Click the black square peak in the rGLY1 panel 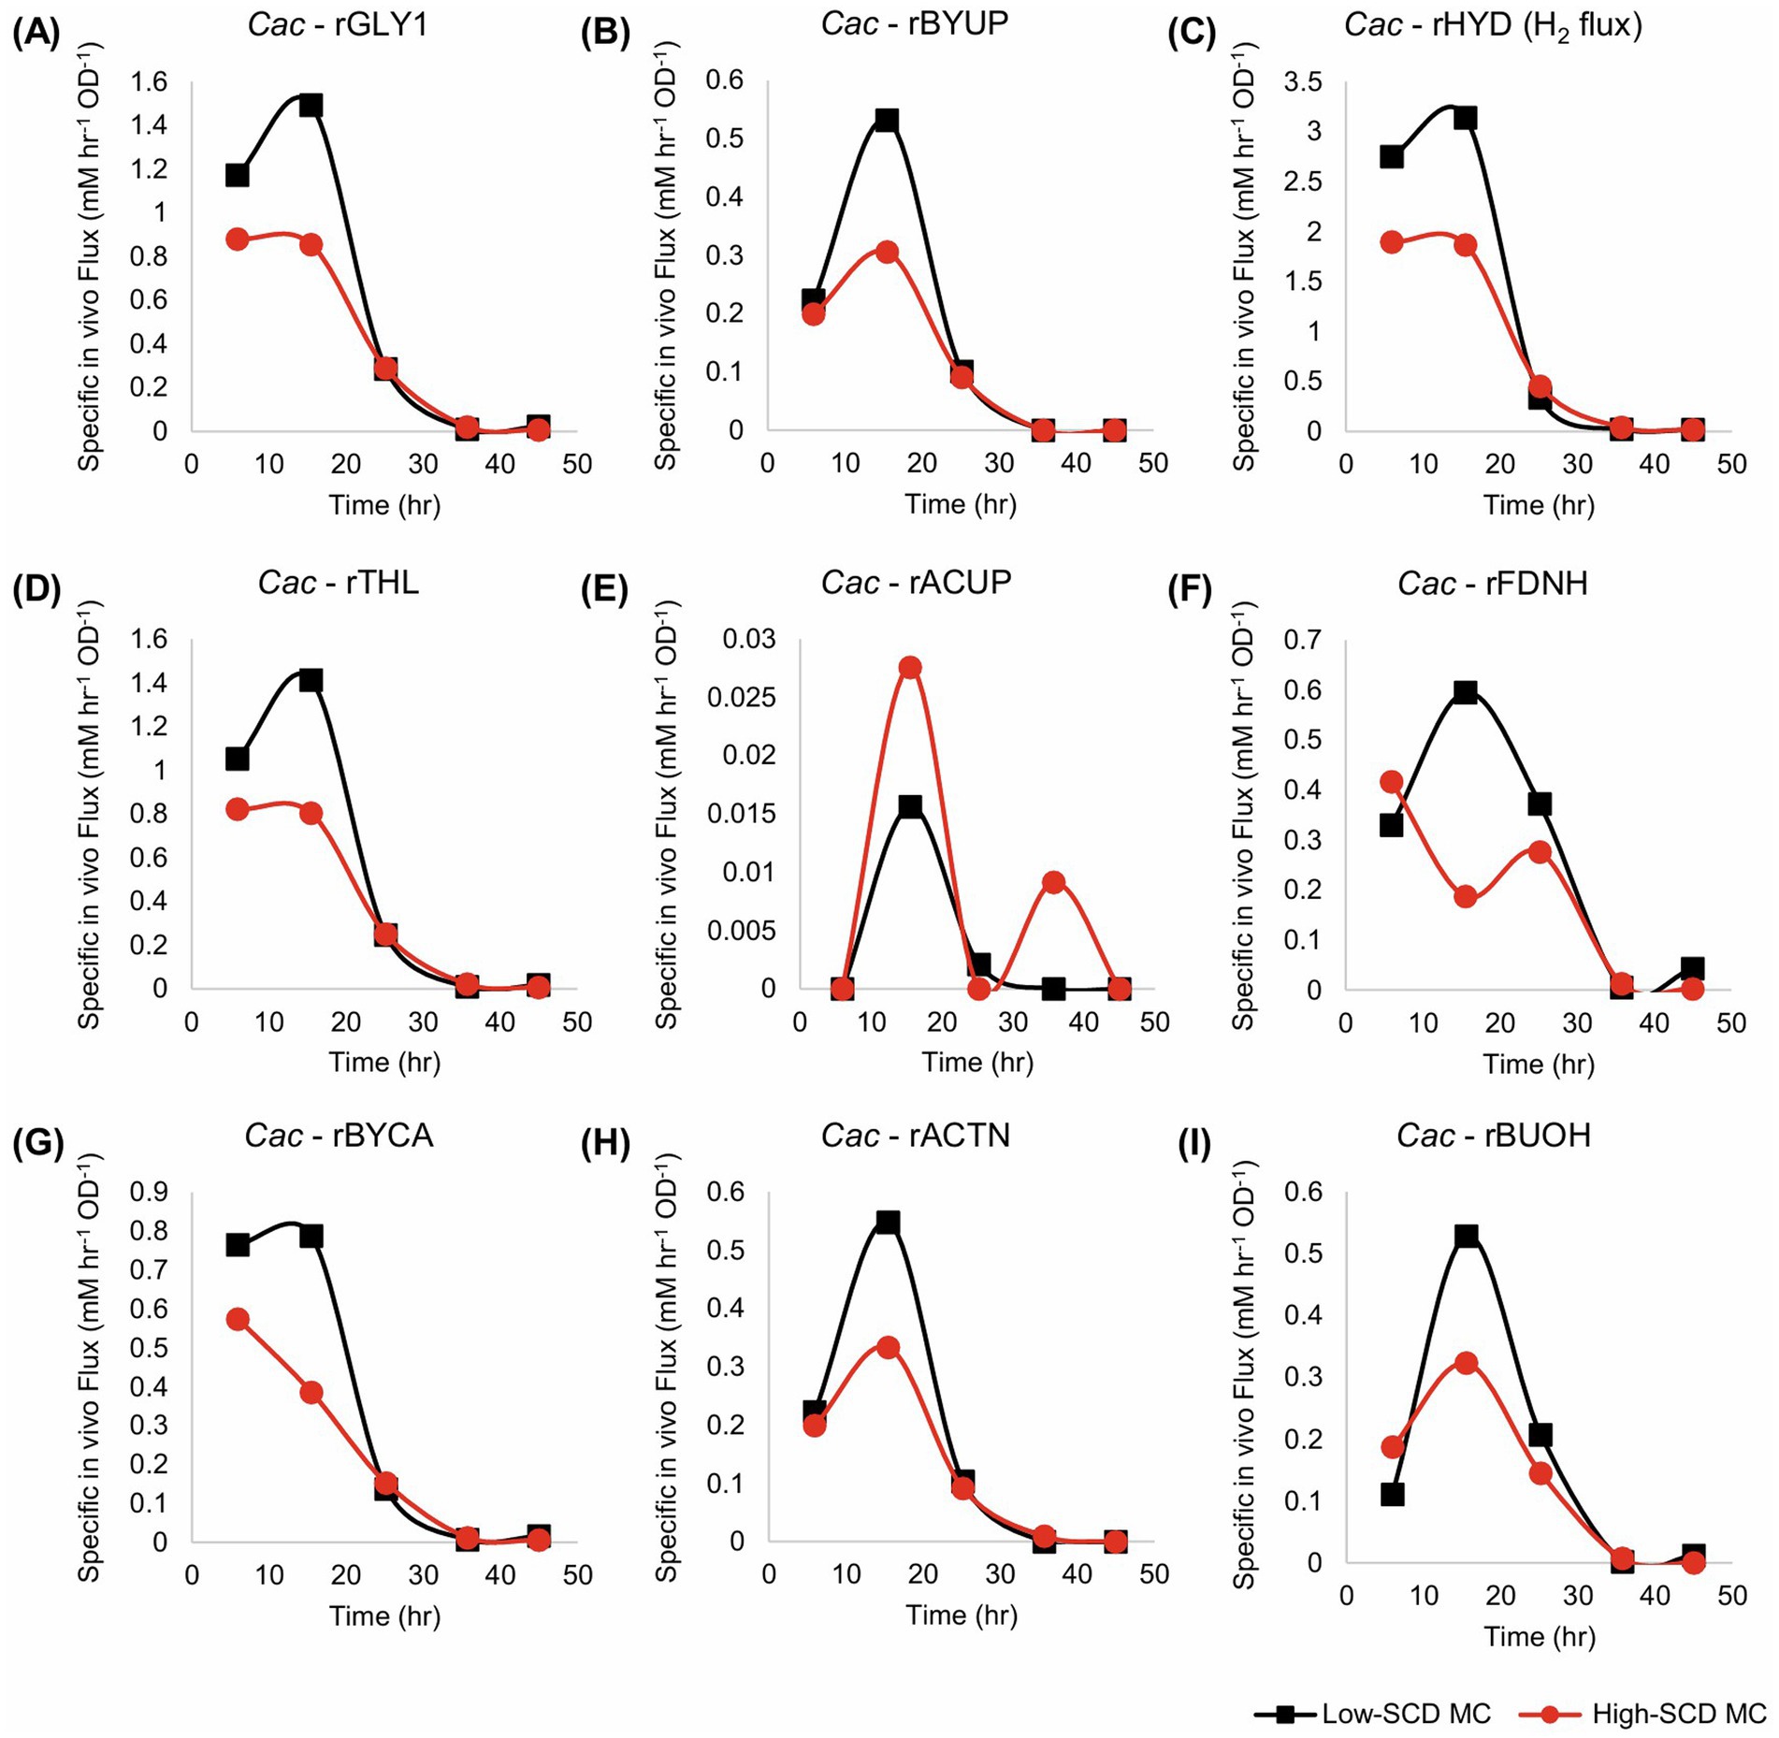[x=311, y=105]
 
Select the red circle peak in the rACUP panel [x=910, y=667]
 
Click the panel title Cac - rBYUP [x=915, y=23]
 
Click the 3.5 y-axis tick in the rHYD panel [x=1303, y=82]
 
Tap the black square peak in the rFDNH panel [x=1466, y=692]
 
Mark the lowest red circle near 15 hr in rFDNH [x=1466, y=896]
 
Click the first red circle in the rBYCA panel [x=238, y=1319]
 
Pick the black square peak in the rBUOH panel [x=1467, y=1236]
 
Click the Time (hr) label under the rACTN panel [x=962, y=1615]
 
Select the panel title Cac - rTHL [x=339, y=583]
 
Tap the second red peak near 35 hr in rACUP [x=1054, y=882]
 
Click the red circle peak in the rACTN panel [x=888, y=1347]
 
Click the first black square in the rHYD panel [x=1392, y=156]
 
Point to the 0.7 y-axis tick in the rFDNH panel [x=1303, y=641]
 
